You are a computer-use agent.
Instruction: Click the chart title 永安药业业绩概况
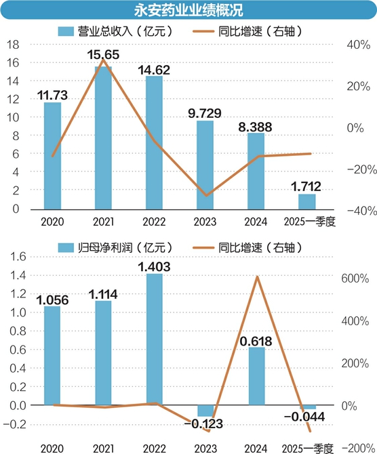188,10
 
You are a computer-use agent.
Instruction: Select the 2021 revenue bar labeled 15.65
103,138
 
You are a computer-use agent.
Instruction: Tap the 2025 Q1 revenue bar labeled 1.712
307,202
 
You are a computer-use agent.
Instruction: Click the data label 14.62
154,70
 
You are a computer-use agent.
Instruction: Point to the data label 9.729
205,113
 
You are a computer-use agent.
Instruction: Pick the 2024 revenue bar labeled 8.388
256,171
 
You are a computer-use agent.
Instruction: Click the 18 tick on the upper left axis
13,45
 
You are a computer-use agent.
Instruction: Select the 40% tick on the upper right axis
359,45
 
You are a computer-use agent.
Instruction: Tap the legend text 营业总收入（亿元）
125,31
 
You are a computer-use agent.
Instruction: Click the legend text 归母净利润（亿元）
125,247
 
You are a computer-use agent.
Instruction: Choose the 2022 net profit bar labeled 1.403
155,339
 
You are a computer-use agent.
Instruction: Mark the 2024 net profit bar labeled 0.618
257,376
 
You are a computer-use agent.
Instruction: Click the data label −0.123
203,424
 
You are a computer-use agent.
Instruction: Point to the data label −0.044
304,417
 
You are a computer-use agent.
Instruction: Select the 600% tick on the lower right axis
355,278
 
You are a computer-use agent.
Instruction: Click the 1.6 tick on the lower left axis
18,257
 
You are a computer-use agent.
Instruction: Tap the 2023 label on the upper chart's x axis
205,222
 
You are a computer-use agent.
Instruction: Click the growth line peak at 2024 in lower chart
257,277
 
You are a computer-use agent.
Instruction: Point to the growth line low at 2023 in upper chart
206,195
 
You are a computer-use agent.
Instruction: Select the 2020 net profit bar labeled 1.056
52,356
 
